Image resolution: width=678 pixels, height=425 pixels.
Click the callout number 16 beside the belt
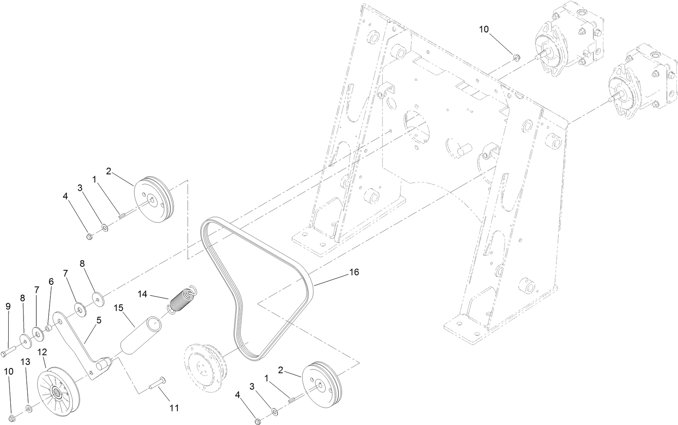tap(354, 272)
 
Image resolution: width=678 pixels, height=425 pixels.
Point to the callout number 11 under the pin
tap(174, 408)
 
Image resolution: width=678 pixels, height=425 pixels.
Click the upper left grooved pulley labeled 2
tap(154, 201)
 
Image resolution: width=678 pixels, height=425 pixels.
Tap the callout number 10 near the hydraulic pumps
tap(484, 29)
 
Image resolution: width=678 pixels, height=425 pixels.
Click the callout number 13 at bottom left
tap(25, 362)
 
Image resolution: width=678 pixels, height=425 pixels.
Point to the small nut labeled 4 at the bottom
tap(258, 421)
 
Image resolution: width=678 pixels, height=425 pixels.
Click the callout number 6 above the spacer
tap(51, 281)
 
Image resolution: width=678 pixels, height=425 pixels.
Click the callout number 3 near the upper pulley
tap(80, 188)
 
